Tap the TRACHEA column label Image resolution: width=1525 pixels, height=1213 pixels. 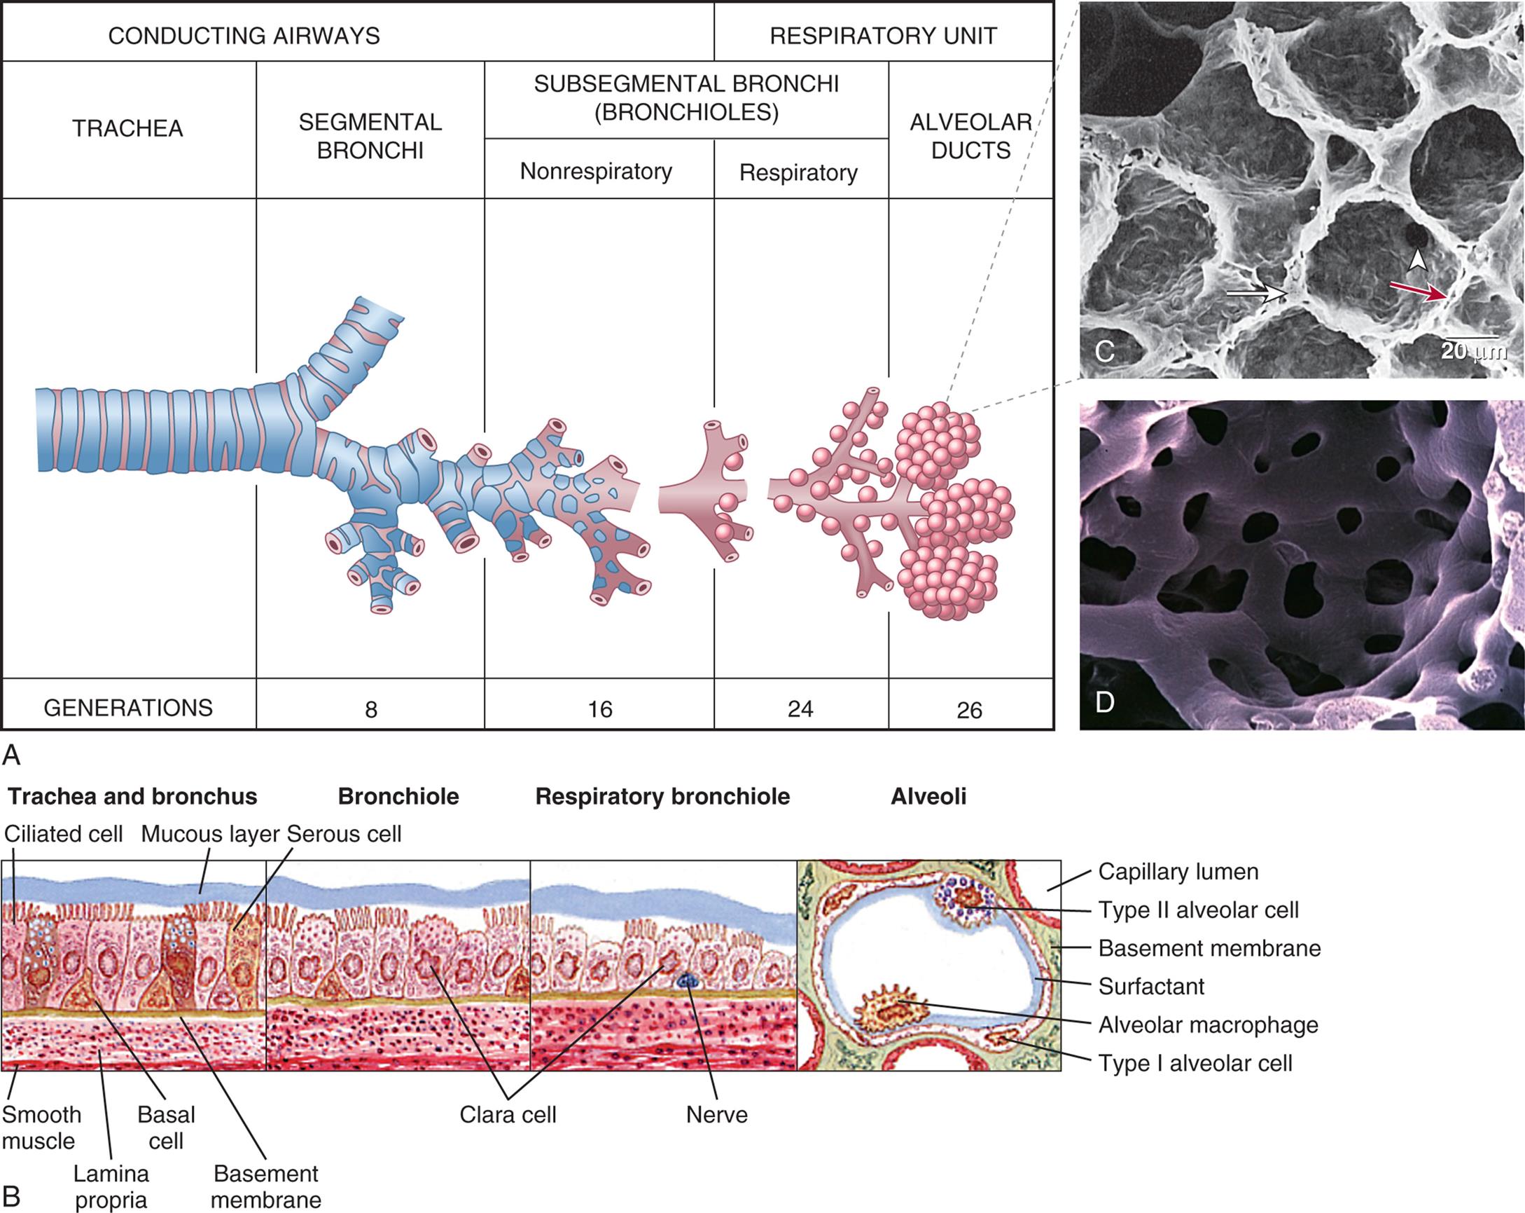click(127, 128)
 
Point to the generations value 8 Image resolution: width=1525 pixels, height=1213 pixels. click(370, 709)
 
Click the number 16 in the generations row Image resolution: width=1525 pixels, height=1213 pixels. click(599, 709)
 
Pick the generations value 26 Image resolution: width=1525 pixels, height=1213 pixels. click(969, 710)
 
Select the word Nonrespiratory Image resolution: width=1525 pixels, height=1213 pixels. click(596, 171)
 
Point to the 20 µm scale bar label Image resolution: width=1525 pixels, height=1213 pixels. click(1472, 351)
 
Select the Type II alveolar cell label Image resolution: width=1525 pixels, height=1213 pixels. click(1198, 910)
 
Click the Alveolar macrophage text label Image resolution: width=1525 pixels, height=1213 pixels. click(1207, 1024)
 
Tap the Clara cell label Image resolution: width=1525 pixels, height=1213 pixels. click(507, 1115)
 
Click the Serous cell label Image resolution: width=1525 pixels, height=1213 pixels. click(344, 834)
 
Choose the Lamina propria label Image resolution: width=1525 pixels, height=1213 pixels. click(111, 1186)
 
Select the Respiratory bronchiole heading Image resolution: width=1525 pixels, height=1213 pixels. click(662, 796)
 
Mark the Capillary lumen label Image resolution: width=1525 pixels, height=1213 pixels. click(1178, 871)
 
